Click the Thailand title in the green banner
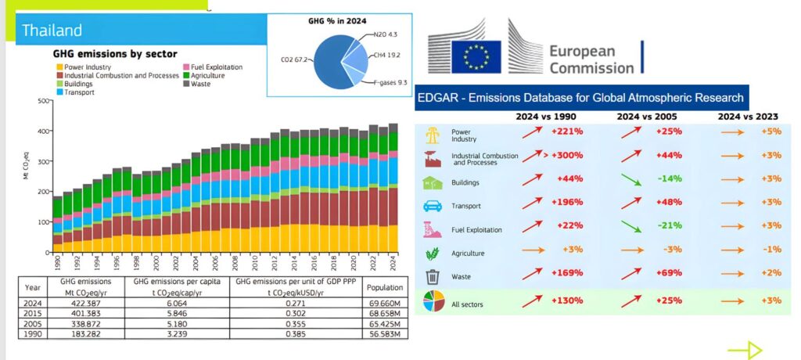[52, 31]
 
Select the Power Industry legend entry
[87, 67]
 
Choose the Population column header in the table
[384, 287]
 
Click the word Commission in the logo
[591, 68]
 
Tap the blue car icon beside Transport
[432, 206]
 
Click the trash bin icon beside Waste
[432, 276]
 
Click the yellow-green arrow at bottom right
[744, 350]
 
